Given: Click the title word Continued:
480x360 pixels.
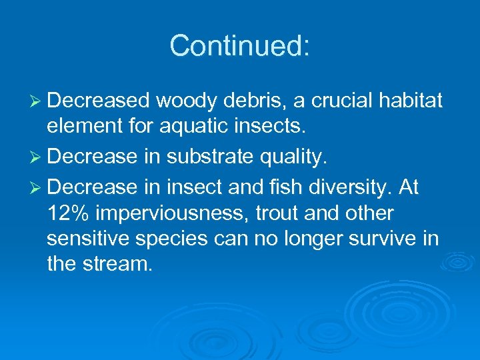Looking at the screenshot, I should (239, 47).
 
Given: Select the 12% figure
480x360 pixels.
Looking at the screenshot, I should (69, 213).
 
